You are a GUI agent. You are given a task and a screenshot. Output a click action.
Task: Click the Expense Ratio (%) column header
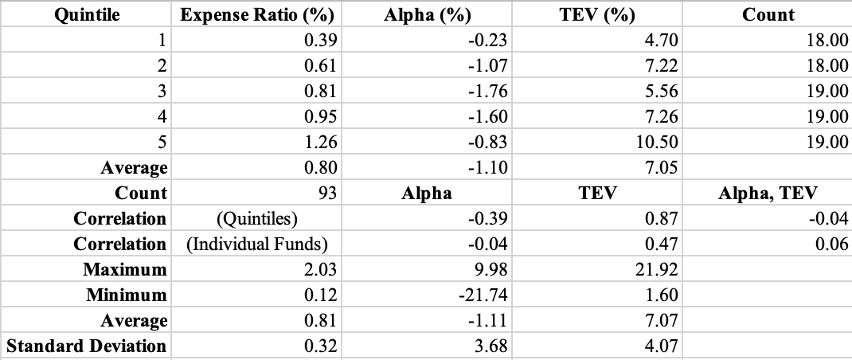click(257, 14)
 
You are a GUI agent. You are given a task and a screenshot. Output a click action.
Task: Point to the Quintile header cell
click(86, 14)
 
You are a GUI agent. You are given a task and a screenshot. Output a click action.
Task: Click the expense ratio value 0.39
click(322, 40)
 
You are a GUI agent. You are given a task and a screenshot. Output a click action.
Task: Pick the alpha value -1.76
click(488, 91)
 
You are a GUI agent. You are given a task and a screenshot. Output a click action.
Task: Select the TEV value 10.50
click(658, 142)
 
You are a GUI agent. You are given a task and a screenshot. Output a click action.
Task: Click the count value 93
click(326, 193)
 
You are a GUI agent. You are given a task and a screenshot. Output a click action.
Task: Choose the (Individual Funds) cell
click(257, 244)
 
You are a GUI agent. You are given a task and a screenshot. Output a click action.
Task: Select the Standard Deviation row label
click(86, 346)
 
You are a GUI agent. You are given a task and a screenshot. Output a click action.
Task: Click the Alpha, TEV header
click(768, 193)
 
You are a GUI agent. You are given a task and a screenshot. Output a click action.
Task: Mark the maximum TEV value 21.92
click(658, 269)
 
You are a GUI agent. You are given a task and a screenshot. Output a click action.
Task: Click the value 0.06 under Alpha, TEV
click(832, 244)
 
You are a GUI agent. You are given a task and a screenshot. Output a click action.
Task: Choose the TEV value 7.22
click(662, 65)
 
